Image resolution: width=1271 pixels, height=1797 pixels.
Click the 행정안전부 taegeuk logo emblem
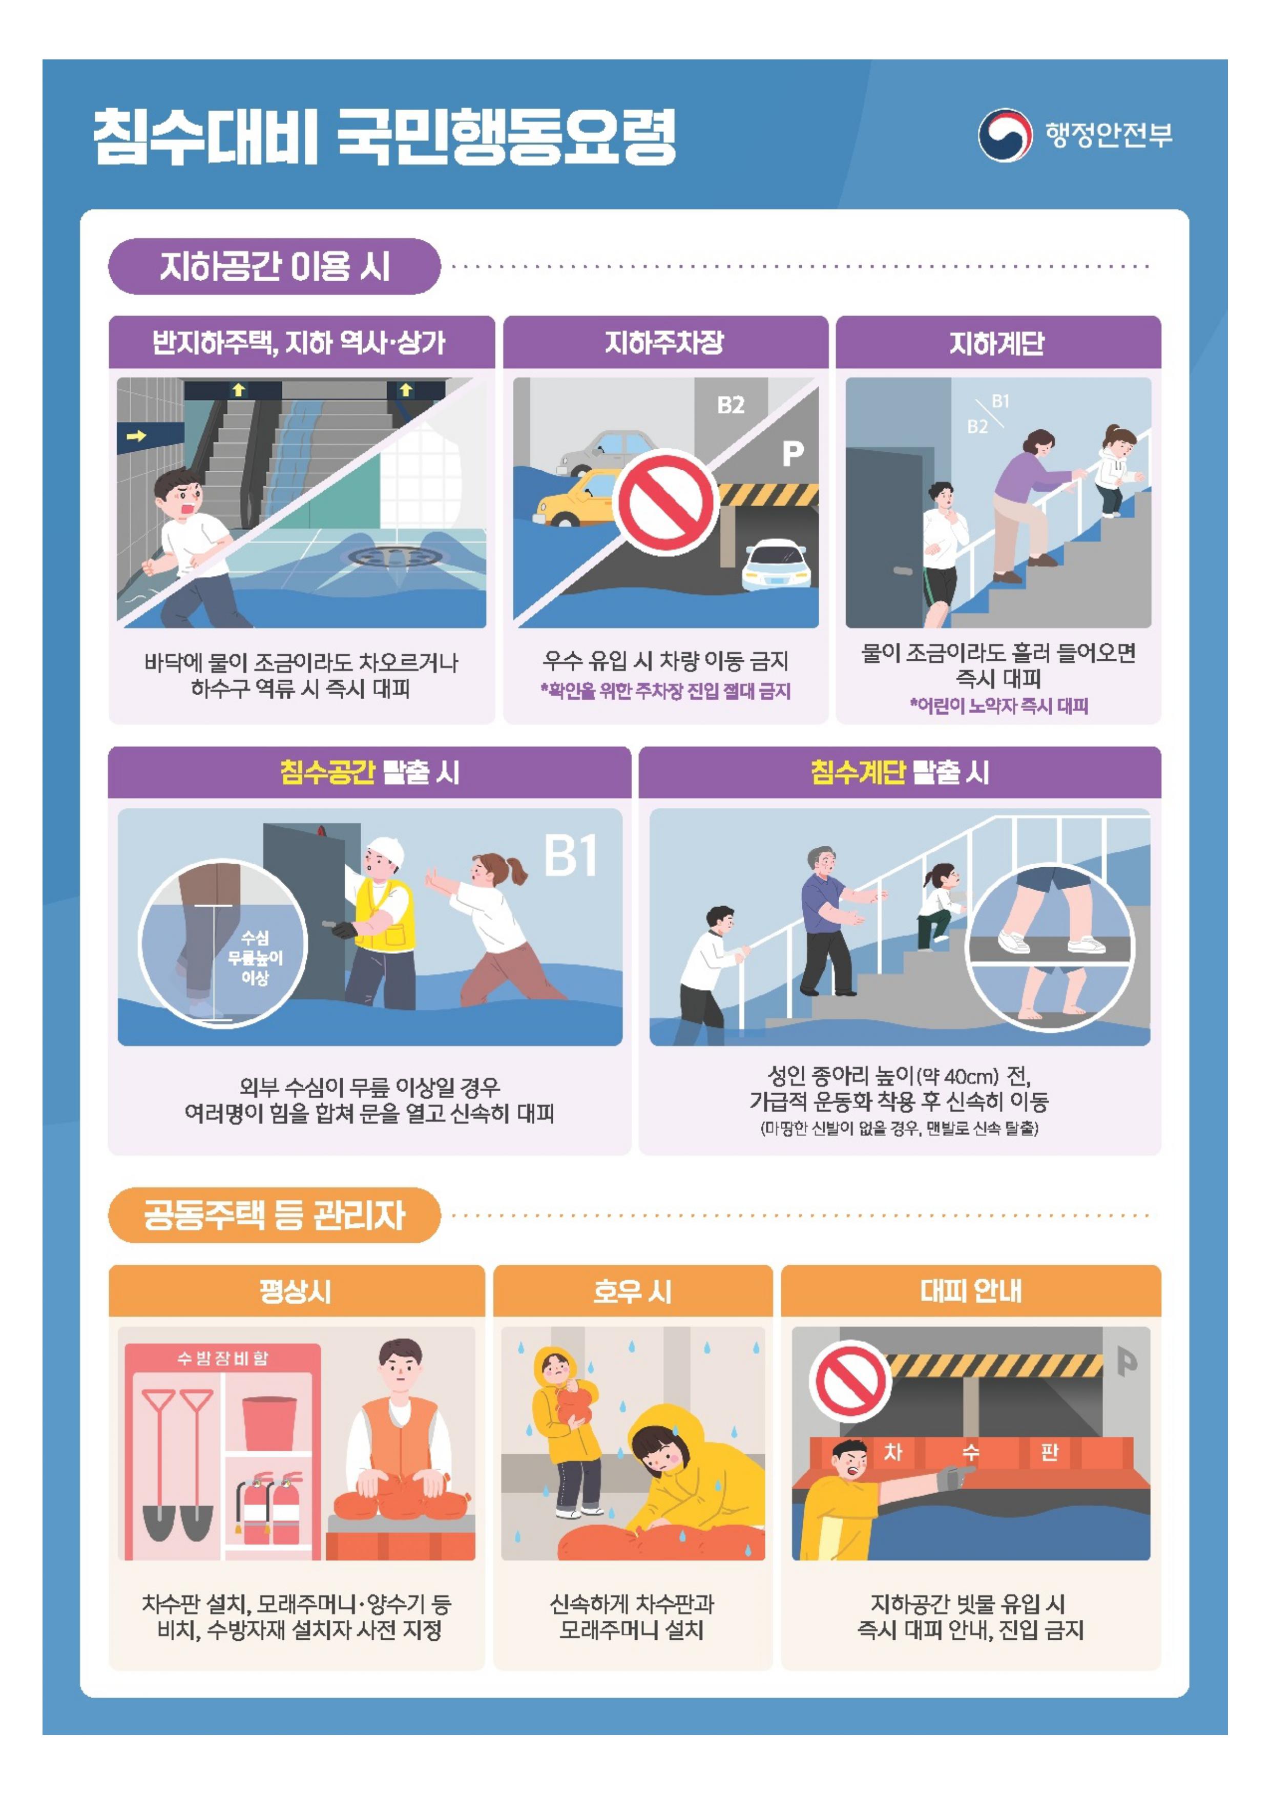tap(1005, 135)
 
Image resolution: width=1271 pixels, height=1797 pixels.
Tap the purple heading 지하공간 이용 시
tap(275, 266)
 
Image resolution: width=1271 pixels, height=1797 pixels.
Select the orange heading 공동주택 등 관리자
tap(275, 1215)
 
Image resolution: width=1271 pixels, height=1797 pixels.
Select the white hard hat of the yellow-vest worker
tap(386, 851)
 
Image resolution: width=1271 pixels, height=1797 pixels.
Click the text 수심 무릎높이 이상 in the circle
tap(255, 957)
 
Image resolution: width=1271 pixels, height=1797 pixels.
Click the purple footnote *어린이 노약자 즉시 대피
tap(998, 705)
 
